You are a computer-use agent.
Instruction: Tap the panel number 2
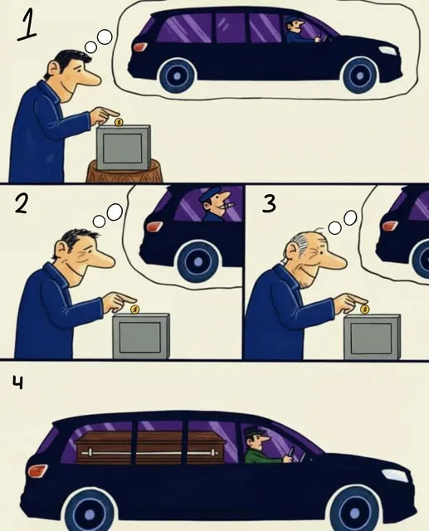pyautogui.click(x=21, y=204)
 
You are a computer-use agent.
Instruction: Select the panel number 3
pyautogui.click(x=269, y=204)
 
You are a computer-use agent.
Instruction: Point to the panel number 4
pyautogui.click(x=18, y=383)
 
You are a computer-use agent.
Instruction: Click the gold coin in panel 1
pyautogui.click(x=119, y=122)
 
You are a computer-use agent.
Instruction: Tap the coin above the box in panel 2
pyautogui.click(x=134, y=309)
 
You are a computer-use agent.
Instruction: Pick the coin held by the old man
pyautogui.click(x=364, y=309)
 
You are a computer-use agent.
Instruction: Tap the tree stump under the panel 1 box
pyautogui.click(x=124, y=172)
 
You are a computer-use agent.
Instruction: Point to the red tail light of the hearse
pyautogui.click(x=38, y=470)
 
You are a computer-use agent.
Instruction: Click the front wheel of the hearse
pyautogui.click(x=354, y=511)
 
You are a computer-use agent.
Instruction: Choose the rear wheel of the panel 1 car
pyautogui.click(x=177, y=76)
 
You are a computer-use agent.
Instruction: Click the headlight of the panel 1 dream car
pyautogui.click(x=387, y=50)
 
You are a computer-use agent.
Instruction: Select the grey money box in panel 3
pyautogui.click(x=372, y=337)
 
